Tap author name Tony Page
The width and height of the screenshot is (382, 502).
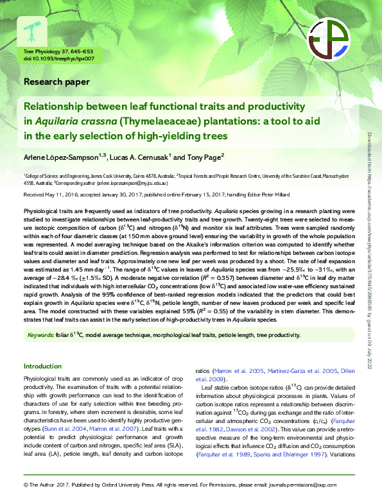[x=202, y=158]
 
